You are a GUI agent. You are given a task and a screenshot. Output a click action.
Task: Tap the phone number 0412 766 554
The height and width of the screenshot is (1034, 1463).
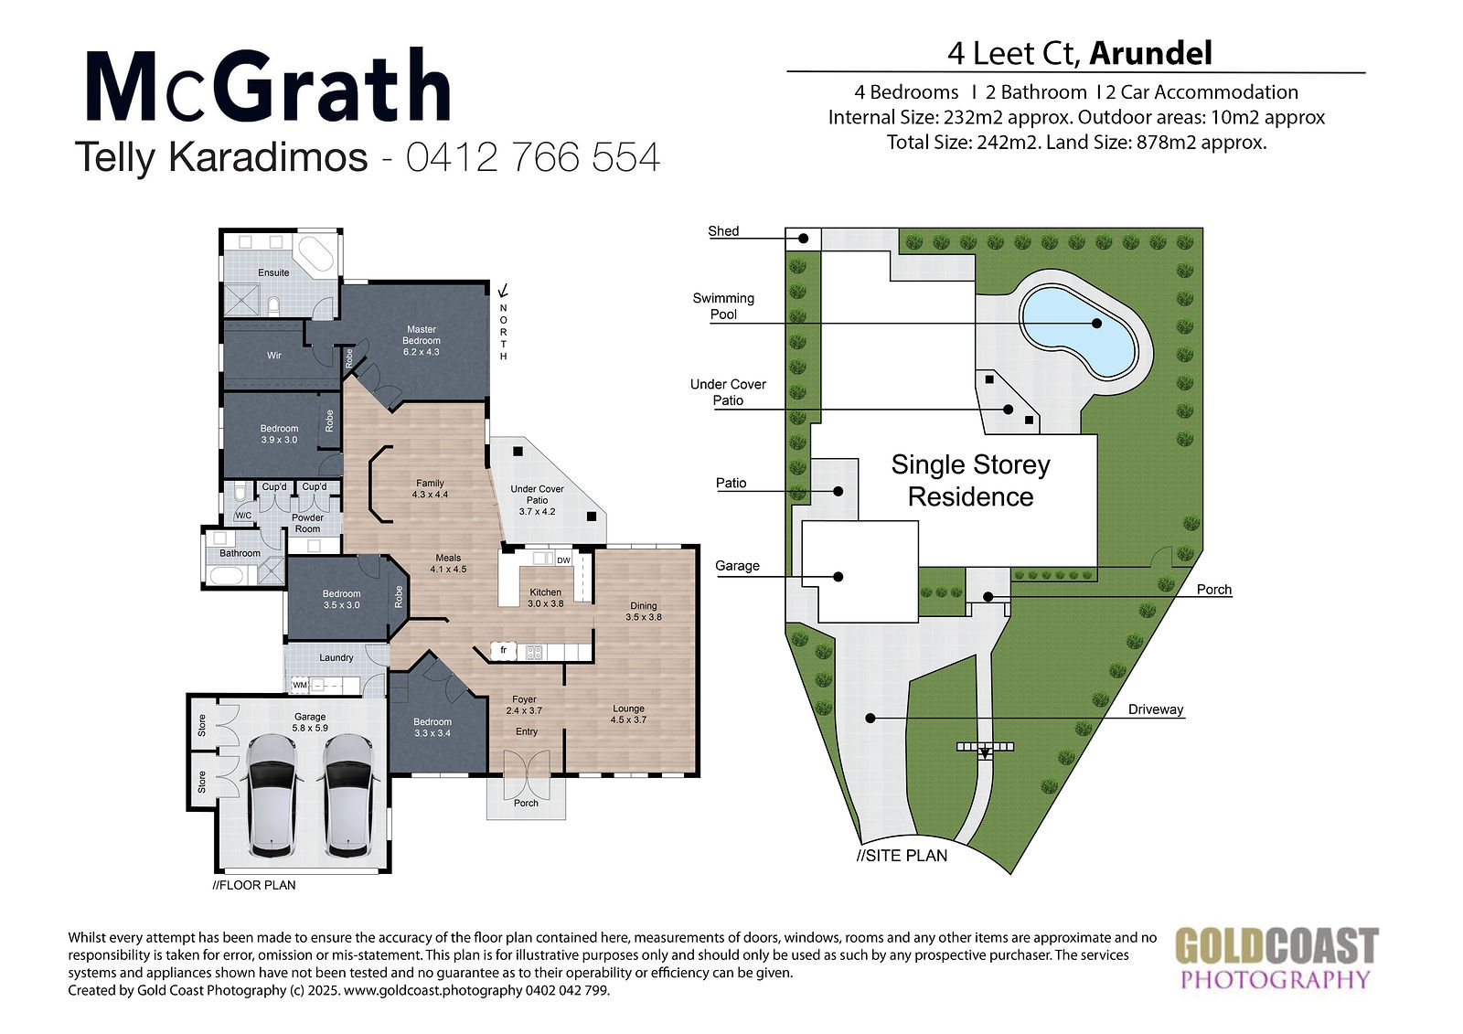(x=533, y=157)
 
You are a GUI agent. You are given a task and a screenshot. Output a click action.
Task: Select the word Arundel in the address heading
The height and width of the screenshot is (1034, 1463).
(x=1151, y=54)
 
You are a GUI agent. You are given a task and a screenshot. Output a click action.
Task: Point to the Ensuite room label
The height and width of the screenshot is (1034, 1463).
(x=273, y=272)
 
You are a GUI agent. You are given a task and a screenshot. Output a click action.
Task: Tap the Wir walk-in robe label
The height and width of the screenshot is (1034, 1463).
(x=273, y=356)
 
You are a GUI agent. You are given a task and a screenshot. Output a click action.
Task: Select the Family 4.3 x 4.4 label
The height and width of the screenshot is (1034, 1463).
(x=430, y=488)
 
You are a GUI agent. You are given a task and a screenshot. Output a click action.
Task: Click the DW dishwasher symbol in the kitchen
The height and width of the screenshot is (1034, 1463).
(x=563, y=560)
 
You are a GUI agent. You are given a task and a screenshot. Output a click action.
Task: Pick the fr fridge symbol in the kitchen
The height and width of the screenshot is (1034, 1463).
(x=504, y=651)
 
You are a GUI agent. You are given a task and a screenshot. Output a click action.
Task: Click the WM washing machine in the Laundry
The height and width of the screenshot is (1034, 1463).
(x=300, y=685)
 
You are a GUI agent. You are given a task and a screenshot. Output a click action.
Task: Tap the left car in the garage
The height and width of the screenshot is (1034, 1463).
(x=272, y=795)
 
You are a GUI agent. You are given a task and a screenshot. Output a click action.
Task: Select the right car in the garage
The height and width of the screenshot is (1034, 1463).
(x=348, y=795)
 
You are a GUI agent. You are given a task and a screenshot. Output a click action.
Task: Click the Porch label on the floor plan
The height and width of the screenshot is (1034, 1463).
(x=526, y=803)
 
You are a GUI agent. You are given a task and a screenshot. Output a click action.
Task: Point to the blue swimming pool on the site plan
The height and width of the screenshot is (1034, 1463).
(x=1078, y=334)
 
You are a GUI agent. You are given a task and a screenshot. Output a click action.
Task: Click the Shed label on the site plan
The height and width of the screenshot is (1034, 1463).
(x=723, y=231)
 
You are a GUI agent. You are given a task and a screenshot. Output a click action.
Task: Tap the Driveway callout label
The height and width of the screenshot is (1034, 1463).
(x=1156, y=709)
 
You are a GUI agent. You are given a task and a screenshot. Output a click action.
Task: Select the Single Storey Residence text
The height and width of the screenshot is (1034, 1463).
(x=970, y=481)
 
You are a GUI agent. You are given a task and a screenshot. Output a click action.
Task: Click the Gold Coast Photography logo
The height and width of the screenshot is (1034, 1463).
(x=1276, y=958)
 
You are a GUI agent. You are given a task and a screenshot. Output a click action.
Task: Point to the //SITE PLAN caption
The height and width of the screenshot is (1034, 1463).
(x=902, y=856)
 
